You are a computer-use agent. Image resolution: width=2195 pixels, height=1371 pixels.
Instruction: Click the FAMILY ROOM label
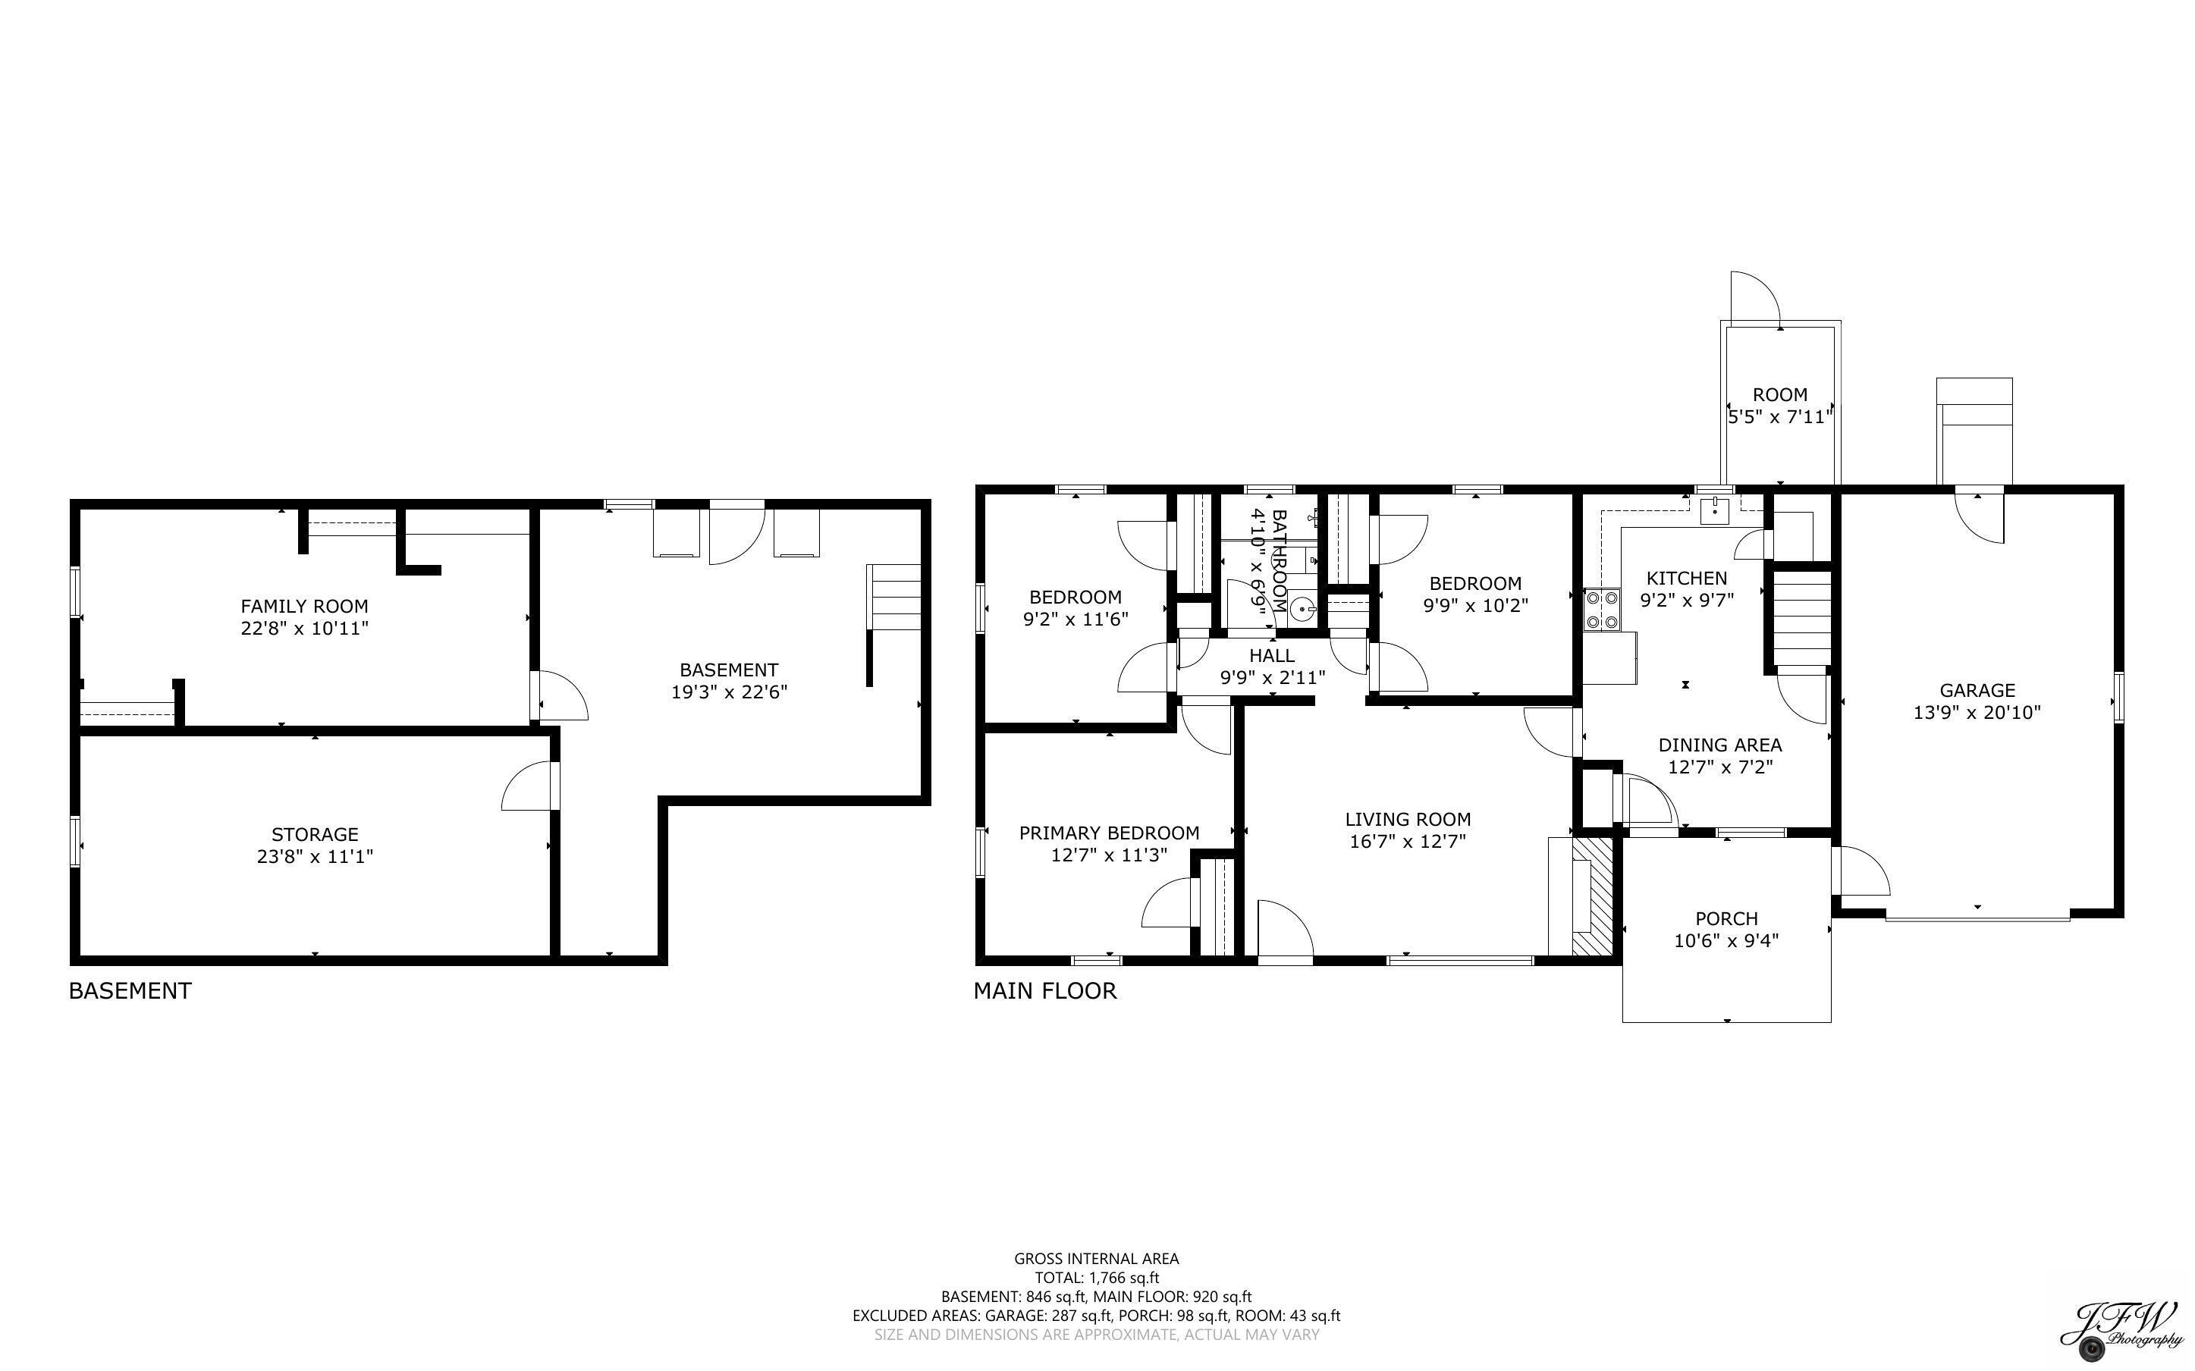pos(303,606)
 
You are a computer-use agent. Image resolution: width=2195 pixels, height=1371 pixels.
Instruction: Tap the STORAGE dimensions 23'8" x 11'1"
pos(315,856)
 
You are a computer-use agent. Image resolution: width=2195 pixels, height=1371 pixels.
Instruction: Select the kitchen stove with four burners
pos(1602,610)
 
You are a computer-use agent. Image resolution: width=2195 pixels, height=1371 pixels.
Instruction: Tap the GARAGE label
pos(1977,690)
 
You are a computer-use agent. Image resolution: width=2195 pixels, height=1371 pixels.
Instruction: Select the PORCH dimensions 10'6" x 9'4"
pos(1726,941)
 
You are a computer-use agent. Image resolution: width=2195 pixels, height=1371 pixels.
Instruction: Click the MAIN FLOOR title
pos(1044,991)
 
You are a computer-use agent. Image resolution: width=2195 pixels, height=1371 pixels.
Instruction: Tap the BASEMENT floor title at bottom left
pos(130,991)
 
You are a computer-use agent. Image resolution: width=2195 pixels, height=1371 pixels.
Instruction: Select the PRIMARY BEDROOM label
pos(1109,833)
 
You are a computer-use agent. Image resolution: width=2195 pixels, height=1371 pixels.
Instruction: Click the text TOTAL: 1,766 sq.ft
pos(1096,1278)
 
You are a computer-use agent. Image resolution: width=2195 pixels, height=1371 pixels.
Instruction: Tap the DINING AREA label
pos(1720,745)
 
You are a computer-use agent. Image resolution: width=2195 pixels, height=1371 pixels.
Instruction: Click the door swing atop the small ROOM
pos(1755,300)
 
